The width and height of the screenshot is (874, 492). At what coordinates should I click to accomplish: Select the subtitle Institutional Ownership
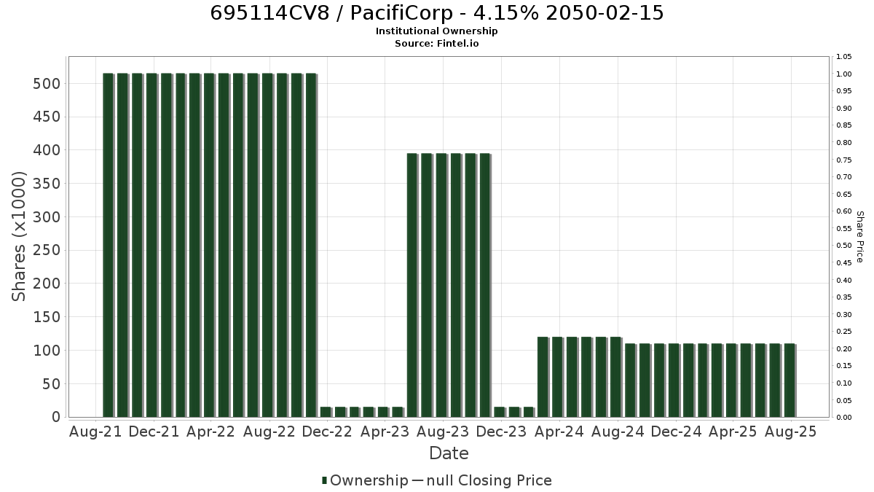pyautogui.click(x=436, y=31)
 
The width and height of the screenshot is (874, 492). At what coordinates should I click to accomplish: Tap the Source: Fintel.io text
pyautogui.click(x=436, y=43)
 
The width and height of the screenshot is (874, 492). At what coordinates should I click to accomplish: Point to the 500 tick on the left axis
pyautogui.click(x=47, y=84)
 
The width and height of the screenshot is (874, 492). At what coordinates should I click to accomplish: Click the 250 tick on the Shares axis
pyautogui.click(x=47, y=250)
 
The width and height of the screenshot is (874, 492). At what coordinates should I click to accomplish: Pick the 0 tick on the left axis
pyautogui.click(x=56, y=417)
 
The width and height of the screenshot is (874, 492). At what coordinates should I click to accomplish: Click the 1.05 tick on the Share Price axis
pyautogui.click(x=843, y=57)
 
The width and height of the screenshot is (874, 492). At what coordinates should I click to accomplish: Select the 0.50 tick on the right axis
pyautogui.click(x=843, y=246)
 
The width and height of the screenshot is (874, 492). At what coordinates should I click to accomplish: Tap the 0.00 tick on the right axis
pyautogui.click(x=843, y=418)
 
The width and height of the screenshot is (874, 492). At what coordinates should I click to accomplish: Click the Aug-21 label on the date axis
pyautogui.click(x=95, y=432)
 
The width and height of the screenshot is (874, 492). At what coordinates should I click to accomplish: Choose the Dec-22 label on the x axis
pyautogui.click(x=327, y=432)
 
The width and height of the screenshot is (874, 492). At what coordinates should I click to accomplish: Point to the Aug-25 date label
pyautogui.click(x=790, y=432)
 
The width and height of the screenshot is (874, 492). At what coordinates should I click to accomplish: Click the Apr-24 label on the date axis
pyautogui.click(x=559, y=432)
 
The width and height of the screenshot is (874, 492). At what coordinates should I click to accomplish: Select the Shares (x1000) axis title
pyautogui.click(x=18, y=237)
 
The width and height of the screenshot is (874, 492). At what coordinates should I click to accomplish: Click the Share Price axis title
pyautogui.click(x=859, y=237)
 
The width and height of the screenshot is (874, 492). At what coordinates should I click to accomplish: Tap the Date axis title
pyautogui.click(x=449, y=453)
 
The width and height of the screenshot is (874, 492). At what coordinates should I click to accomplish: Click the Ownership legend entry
pyautogui.click(x=365, y=480)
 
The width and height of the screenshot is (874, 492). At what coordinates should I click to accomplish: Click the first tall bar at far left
pyautogui.click(x=108, y=245)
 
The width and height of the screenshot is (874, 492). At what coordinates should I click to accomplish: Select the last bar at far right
pyautogui.click(x=790, y=380)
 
